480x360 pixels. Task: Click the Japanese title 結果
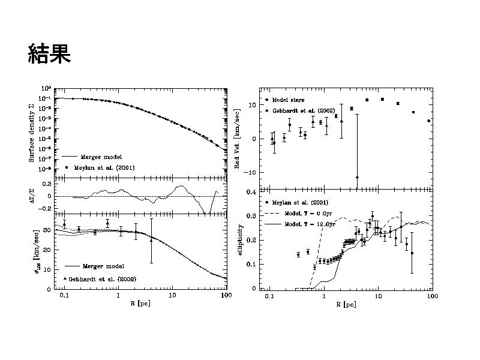tap(49, 53)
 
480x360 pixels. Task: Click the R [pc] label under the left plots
tap(141, 304)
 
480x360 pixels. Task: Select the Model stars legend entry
tap(289, 100)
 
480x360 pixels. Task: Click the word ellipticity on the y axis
tap(239, 239)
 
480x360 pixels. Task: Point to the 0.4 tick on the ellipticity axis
tap(252, 192)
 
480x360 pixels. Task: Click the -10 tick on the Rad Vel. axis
tap(251, 172)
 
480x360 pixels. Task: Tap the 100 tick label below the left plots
tap(226, 295)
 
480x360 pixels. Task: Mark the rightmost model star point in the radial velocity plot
tap(428, 121)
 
